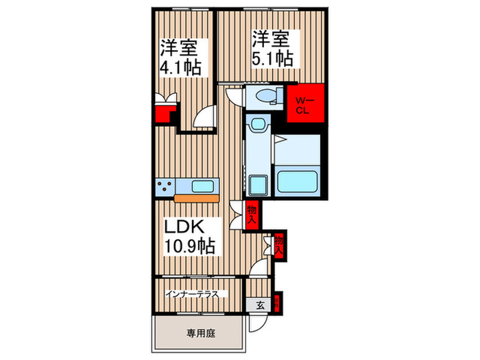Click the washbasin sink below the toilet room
258,125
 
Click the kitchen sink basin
203,185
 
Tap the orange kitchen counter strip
197,198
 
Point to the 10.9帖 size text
188,245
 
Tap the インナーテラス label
192,294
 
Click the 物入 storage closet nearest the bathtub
252,214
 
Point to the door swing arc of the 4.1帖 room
204,118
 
